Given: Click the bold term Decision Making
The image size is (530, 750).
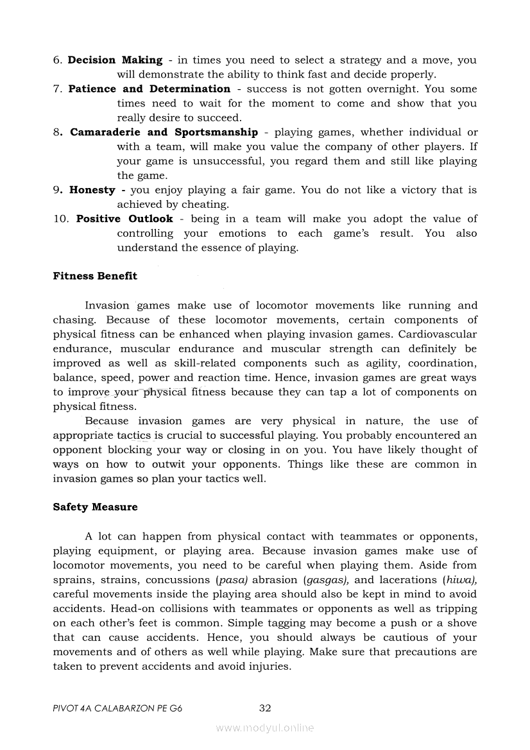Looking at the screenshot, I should (115, 60).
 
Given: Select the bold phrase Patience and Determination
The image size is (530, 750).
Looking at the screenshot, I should (149, 89).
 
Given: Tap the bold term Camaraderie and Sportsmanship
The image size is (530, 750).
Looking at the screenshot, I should (164, 132).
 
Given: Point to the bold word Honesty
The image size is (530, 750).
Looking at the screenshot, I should (92, 190).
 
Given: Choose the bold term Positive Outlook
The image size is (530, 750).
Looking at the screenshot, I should (124, 219).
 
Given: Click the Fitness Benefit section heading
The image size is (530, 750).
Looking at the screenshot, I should (95, 277).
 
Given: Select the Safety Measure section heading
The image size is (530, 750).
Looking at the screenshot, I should (95, 507).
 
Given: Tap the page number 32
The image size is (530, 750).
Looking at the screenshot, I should (265, 708).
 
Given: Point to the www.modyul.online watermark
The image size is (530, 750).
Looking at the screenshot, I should (265, 728).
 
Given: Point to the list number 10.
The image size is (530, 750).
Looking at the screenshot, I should (61, 219).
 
